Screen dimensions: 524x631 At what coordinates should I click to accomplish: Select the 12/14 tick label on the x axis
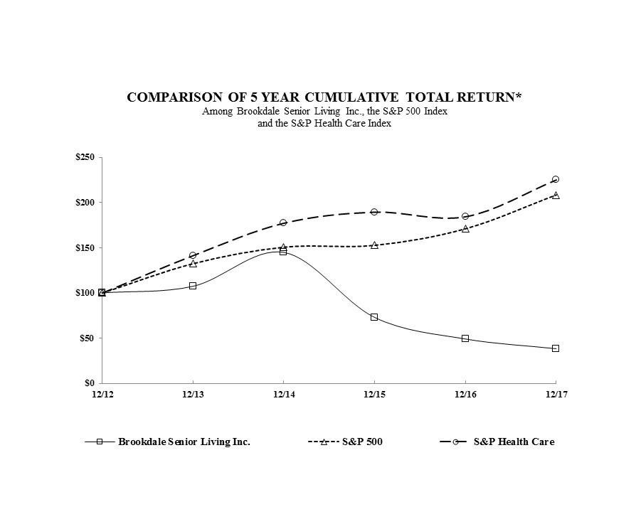pyautogui.click(x=282, y=393)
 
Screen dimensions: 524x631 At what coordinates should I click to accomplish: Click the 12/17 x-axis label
pyautogui.click(x=555, y=393)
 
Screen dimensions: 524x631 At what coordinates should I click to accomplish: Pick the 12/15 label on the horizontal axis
pyautogui.click(x=373, y=393)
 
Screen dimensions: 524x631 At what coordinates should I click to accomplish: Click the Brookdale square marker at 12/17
pyautogui.click(x=556, y=348)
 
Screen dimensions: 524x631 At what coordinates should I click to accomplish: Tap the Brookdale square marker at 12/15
pyautogui.click(x=374, y=317)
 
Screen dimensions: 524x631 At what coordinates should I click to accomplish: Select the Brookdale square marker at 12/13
pyautogui.click(x=193, y=286)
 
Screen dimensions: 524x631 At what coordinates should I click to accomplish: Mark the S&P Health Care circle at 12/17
pyautogui.click(x=556, y=179)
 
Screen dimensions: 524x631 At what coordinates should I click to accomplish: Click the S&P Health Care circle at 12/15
pyautogui.click(x=374, y=212)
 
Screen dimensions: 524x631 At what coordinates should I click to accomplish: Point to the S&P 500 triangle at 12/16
pyautogui.click(x=465, y=228)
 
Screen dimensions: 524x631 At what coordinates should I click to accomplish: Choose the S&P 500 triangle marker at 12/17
pyautogui.click(x=556, y=195)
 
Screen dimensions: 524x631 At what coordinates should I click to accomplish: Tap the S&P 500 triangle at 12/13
pyautogui.click(x=193, y=264)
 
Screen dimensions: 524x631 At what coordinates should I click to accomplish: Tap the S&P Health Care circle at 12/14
pyautogui.click(x=283, y=223)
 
